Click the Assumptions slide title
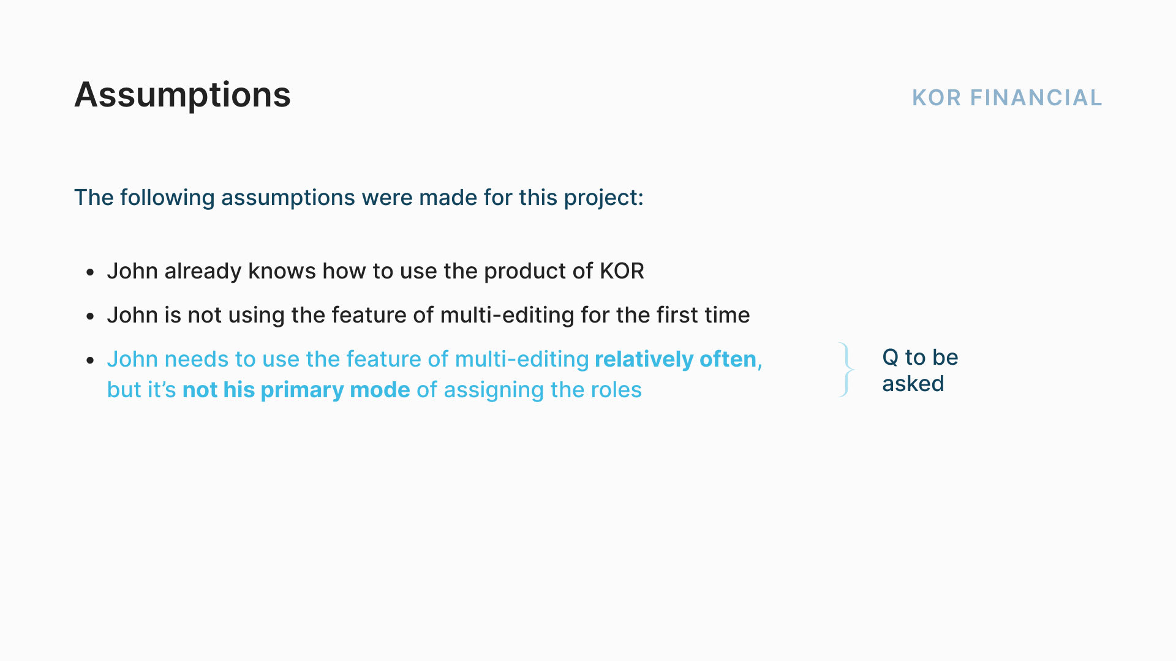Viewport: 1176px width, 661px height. (x=183, y=96)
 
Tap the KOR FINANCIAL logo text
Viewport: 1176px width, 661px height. (x=1007, y=98)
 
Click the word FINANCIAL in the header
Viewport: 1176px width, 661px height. (x=1036, y=98)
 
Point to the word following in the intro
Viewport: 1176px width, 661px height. (x=167, y=198)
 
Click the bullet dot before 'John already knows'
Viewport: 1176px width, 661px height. (x=91, y=272)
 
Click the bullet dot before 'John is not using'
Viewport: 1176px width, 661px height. (x=91, y=316)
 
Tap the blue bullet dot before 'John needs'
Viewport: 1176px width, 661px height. (x=91, y=360)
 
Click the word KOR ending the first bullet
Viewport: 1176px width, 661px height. (x=622, y=271)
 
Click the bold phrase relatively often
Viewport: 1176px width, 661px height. (x=676, y=359)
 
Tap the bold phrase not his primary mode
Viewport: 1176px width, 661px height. (x=296, y=390)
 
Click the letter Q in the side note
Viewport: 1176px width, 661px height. (x=891, y=357)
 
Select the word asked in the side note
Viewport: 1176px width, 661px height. (x=913, y=384)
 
